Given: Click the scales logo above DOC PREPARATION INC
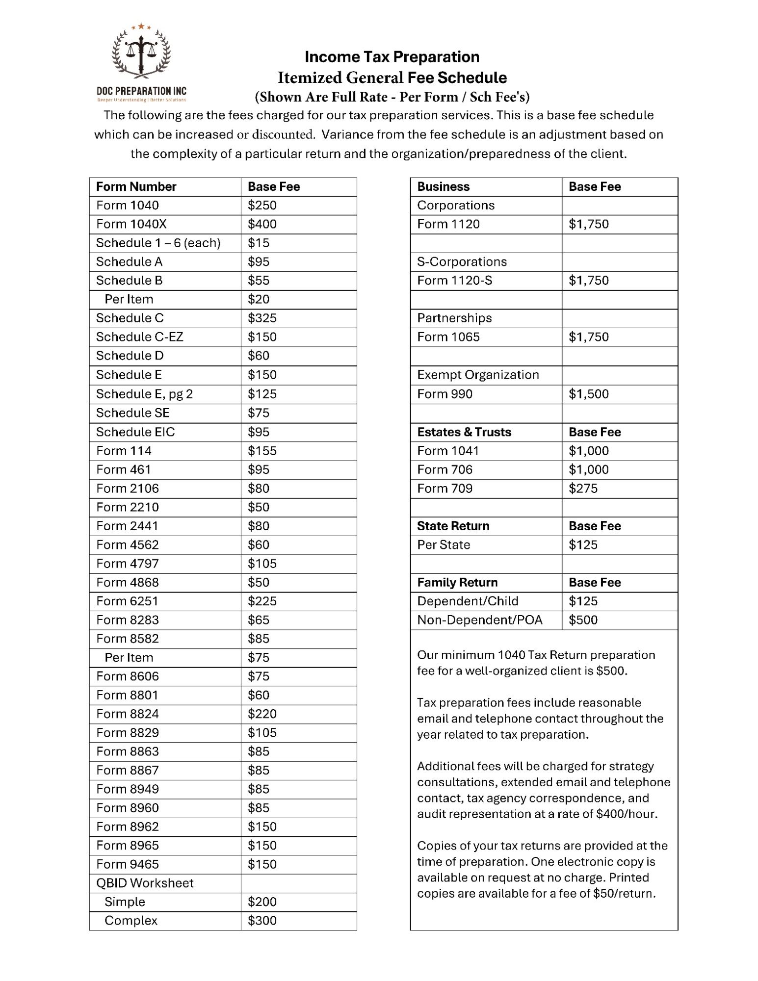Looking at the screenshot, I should click(141, 52).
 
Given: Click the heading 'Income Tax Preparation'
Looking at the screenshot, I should click(392, 57).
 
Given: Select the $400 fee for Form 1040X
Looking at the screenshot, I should click(262, 224).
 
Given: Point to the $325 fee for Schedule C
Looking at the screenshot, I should click(262, 318).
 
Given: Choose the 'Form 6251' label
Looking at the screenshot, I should click(127, 601).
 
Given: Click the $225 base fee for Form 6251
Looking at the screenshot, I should click(262, 601).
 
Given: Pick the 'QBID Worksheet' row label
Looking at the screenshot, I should click(145, 883).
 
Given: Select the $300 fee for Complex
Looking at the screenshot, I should click(262, 921).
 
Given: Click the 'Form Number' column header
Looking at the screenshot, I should click(136, 186).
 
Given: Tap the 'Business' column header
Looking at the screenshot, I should click(443, 186).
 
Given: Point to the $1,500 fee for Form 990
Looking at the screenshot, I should click(588, 394).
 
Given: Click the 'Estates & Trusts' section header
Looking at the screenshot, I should click(464, 432).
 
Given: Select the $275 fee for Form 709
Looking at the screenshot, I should click(583, 489).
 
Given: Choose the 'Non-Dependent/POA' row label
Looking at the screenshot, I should click(479, 620).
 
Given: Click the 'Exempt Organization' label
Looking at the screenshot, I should click(478, 375).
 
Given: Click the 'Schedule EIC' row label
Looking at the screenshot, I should click(135, 432).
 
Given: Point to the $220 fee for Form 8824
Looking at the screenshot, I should click(262, 714).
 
